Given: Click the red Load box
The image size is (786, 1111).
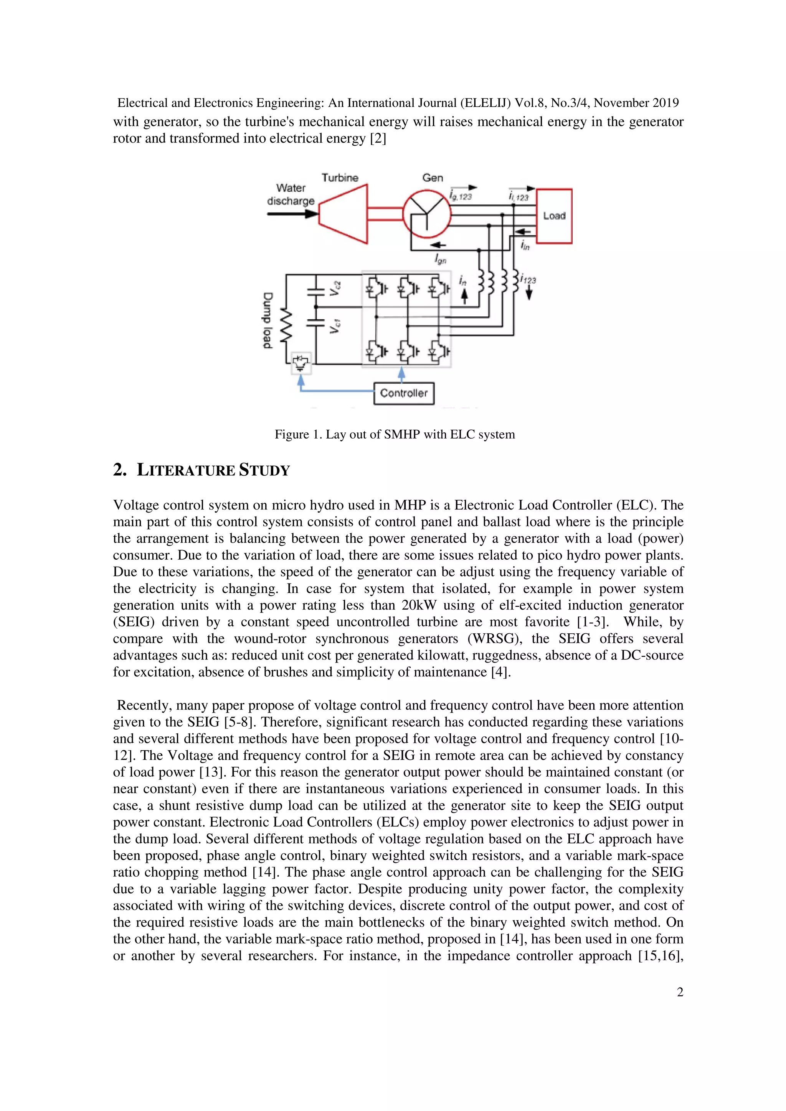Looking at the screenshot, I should coord(554,216).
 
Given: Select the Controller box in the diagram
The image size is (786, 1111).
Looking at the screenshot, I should coord(403,393).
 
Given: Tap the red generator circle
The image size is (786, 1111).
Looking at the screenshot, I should coord(427,214).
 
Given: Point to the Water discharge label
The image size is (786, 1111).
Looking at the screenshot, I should coord(291,194).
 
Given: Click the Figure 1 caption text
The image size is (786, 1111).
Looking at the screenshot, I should coord(394,434).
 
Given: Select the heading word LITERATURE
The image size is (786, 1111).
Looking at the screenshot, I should coord(186,470).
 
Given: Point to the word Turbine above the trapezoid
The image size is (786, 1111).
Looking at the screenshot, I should coord(340,177).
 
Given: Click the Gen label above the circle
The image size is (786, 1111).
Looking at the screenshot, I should coord(433,177).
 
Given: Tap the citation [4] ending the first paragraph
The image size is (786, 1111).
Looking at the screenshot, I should coord(500,672).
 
